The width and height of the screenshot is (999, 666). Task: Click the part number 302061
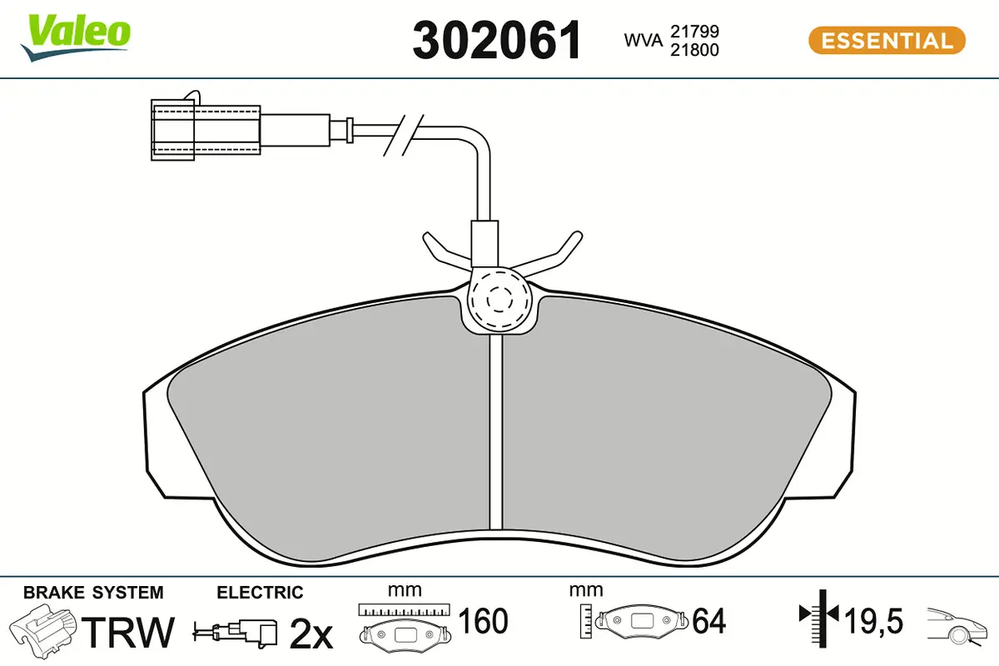coord(497,40)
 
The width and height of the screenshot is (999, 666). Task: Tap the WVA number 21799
coord(694,31)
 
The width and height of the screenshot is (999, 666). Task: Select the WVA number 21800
coord(694,50)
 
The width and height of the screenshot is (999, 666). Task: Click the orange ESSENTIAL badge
coord(886,40)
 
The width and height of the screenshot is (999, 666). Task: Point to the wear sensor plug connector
coord(206,130)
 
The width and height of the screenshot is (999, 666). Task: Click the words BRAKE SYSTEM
coord(93,593)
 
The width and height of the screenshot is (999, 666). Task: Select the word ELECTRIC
coord(260,593)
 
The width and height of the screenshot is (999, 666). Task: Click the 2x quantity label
coord(311,634)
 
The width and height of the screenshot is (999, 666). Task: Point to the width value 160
coord(484,620)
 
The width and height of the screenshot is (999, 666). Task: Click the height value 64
coord(709,620)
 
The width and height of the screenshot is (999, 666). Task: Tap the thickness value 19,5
coord(874,620)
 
